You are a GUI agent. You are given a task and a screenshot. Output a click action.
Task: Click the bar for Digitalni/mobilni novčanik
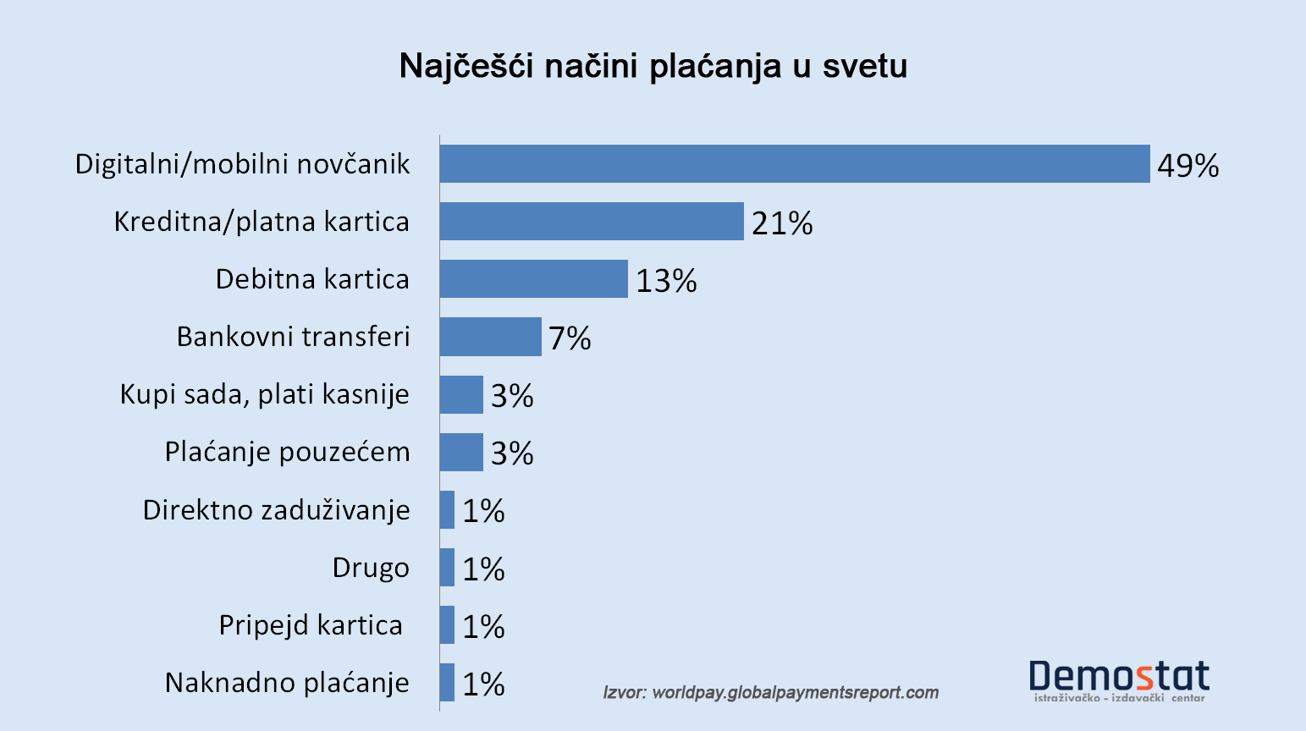point(794,163)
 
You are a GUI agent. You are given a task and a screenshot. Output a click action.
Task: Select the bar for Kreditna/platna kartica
point(591,221)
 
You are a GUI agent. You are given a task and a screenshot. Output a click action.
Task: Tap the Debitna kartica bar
point(533,278)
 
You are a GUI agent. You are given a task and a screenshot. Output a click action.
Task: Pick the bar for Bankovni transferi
point(490,337)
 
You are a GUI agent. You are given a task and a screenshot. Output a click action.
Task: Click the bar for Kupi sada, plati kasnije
point(461,394)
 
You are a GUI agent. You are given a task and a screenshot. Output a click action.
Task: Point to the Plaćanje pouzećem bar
point(461,452)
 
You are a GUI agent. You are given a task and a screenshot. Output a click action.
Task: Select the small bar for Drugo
point(447,567)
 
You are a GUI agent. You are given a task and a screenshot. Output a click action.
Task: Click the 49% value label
point(1188,166)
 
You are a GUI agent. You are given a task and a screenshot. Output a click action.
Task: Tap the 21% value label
point(781,223)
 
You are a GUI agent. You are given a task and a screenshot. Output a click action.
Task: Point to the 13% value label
point(666,281)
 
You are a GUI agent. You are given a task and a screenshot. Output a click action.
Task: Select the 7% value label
point(570,338)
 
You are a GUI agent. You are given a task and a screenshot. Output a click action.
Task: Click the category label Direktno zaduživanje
point(276,510)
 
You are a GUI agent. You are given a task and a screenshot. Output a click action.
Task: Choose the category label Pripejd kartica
point(311,625)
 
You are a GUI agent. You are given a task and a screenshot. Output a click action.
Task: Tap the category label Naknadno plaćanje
point(287,683)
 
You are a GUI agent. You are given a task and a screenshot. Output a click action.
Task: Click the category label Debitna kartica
point(312,279)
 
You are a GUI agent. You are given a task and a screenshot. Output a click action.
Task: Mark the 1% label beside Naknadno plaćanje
point(483,684)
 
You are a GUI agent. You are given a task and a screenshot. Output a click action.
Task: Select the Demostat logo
point(1119,680)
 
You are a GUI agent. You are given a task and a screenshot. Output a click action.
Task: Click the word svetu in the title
point(864,66)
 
